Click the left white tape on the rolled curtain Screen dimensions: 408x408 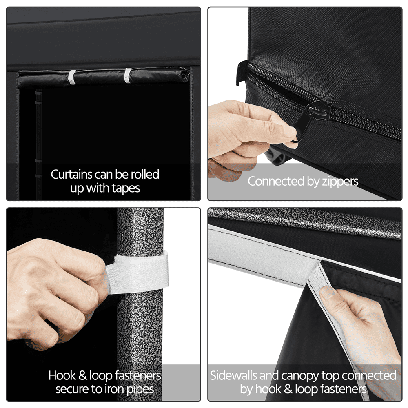(72, 77)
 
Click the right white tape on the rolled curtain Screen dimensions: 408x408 (128, 75)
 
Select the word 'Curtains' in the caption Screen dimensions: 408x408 (71, 174)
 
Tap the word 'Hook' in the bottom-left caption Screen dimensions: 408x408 (62, 375)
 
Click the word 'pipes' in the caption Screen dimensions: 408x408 (140, 390)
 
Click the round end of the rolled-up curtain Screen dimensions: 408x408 (184, 76)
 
